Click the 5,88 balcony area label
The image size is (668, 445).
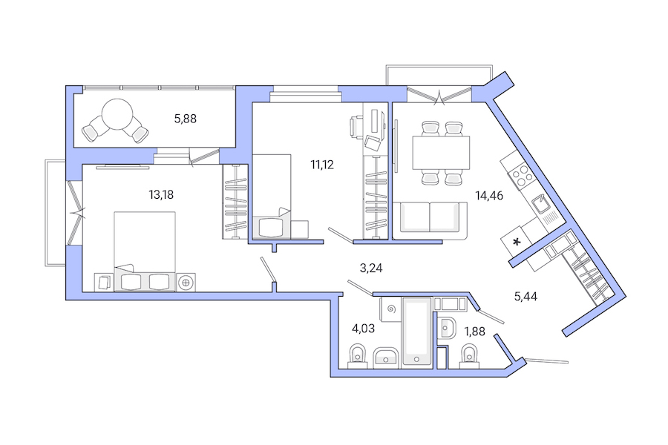(x=185, y=117)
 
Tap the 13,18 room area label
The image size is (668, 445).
(x=161, y=195)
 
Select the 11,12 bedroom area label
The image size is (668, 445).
(x=322, y=165)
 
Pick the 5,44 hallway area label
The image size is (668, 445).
(x=525, y=296)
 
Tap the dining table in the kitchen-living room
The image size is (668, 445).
(x=441, y=153)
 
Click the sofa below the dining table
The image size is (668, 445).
(x=430, y=220)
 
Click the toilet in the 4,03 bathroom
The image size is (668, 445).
(x=357, y=355)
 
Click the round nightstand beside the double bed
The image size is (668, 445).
(x=186, y=282)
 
